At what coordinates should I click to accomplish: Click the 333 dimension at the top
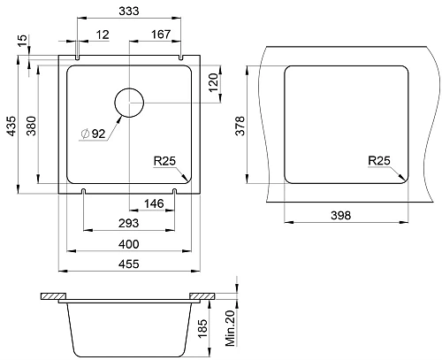click(x=129, y=11)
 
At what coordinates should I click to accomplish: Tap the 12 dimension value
click(x=103, y=34)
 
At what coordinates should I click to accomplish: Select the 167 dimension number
click(x=161, y=34)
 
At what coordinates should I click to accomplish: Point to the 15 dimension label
click(x=22, y=41)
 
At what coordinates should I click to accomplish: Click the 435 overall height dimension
click(x=11, y=126)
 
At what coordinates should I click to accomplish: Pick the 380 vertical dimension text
click(x=31, y=126)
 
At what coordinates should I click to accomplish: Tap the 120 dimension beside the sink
click(x=213, y=82)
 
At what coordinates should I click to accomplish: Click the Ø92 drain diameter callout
click(x=94, y=134)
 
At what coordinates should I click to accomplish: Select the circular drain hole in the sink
click(x=129, y=103)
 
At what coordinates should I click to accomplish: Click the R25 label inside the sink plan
click(x=164, y=161)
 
